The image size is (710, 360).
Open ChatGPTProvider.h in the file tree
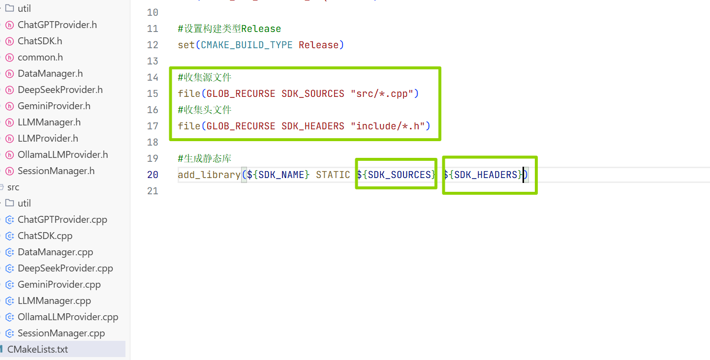tap(57, 25)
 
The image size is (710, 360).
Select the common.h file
tap(40, 57)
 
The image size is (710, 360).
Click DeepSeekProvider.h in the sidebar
tap(60, 90)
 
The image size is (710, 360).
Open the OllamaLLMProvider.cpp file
tap(68, 317)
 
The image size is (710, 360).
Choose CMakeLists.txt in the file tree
tap(37, 349)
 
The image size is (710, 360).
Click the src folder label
tap(13, 187)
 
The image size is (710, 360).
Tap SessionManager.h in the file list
tap(56, 171)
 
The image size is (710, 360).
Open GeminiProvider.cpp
tap(59, 284)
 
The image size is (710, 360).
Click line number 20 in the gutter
tap(153, 175)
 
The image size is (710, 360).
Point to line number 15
tap(153, 93)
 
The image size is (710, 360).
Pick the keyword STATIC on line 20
tap(333, 175)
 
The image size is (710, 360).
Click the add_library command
tap(209, 175)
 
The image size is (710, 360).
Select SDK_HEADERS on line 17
tap(313, 126)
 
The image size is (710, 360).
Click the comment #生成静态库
tap(205, 158)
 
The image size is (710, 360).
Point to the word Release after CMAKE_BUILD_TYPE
tap(318, 45)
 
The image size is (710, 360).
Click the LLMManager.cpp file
tap(54, 300)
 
